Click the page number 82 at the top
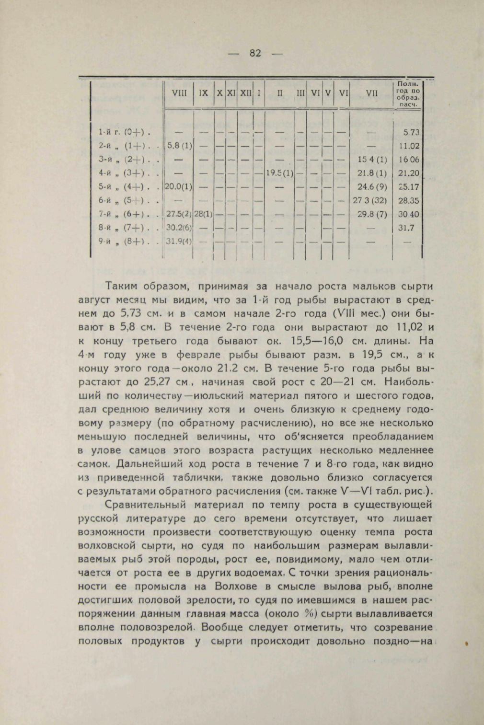tap(255, 53)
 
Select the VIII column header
tap(178, 94)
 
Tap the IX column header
tap(203, 94)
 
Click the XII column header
tap(245, 94)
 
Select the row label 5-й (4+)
tap(124, 187)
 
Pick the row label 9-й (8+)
tap(124, 242)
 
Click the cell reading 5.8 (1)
tap(178, 146)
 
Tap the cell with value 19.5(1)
tap(279, 173)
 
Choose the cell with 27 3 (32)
tap(370, 200)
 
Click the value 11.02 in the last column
tap(409, 146)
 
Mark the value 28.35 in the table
tap(409, 200)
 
